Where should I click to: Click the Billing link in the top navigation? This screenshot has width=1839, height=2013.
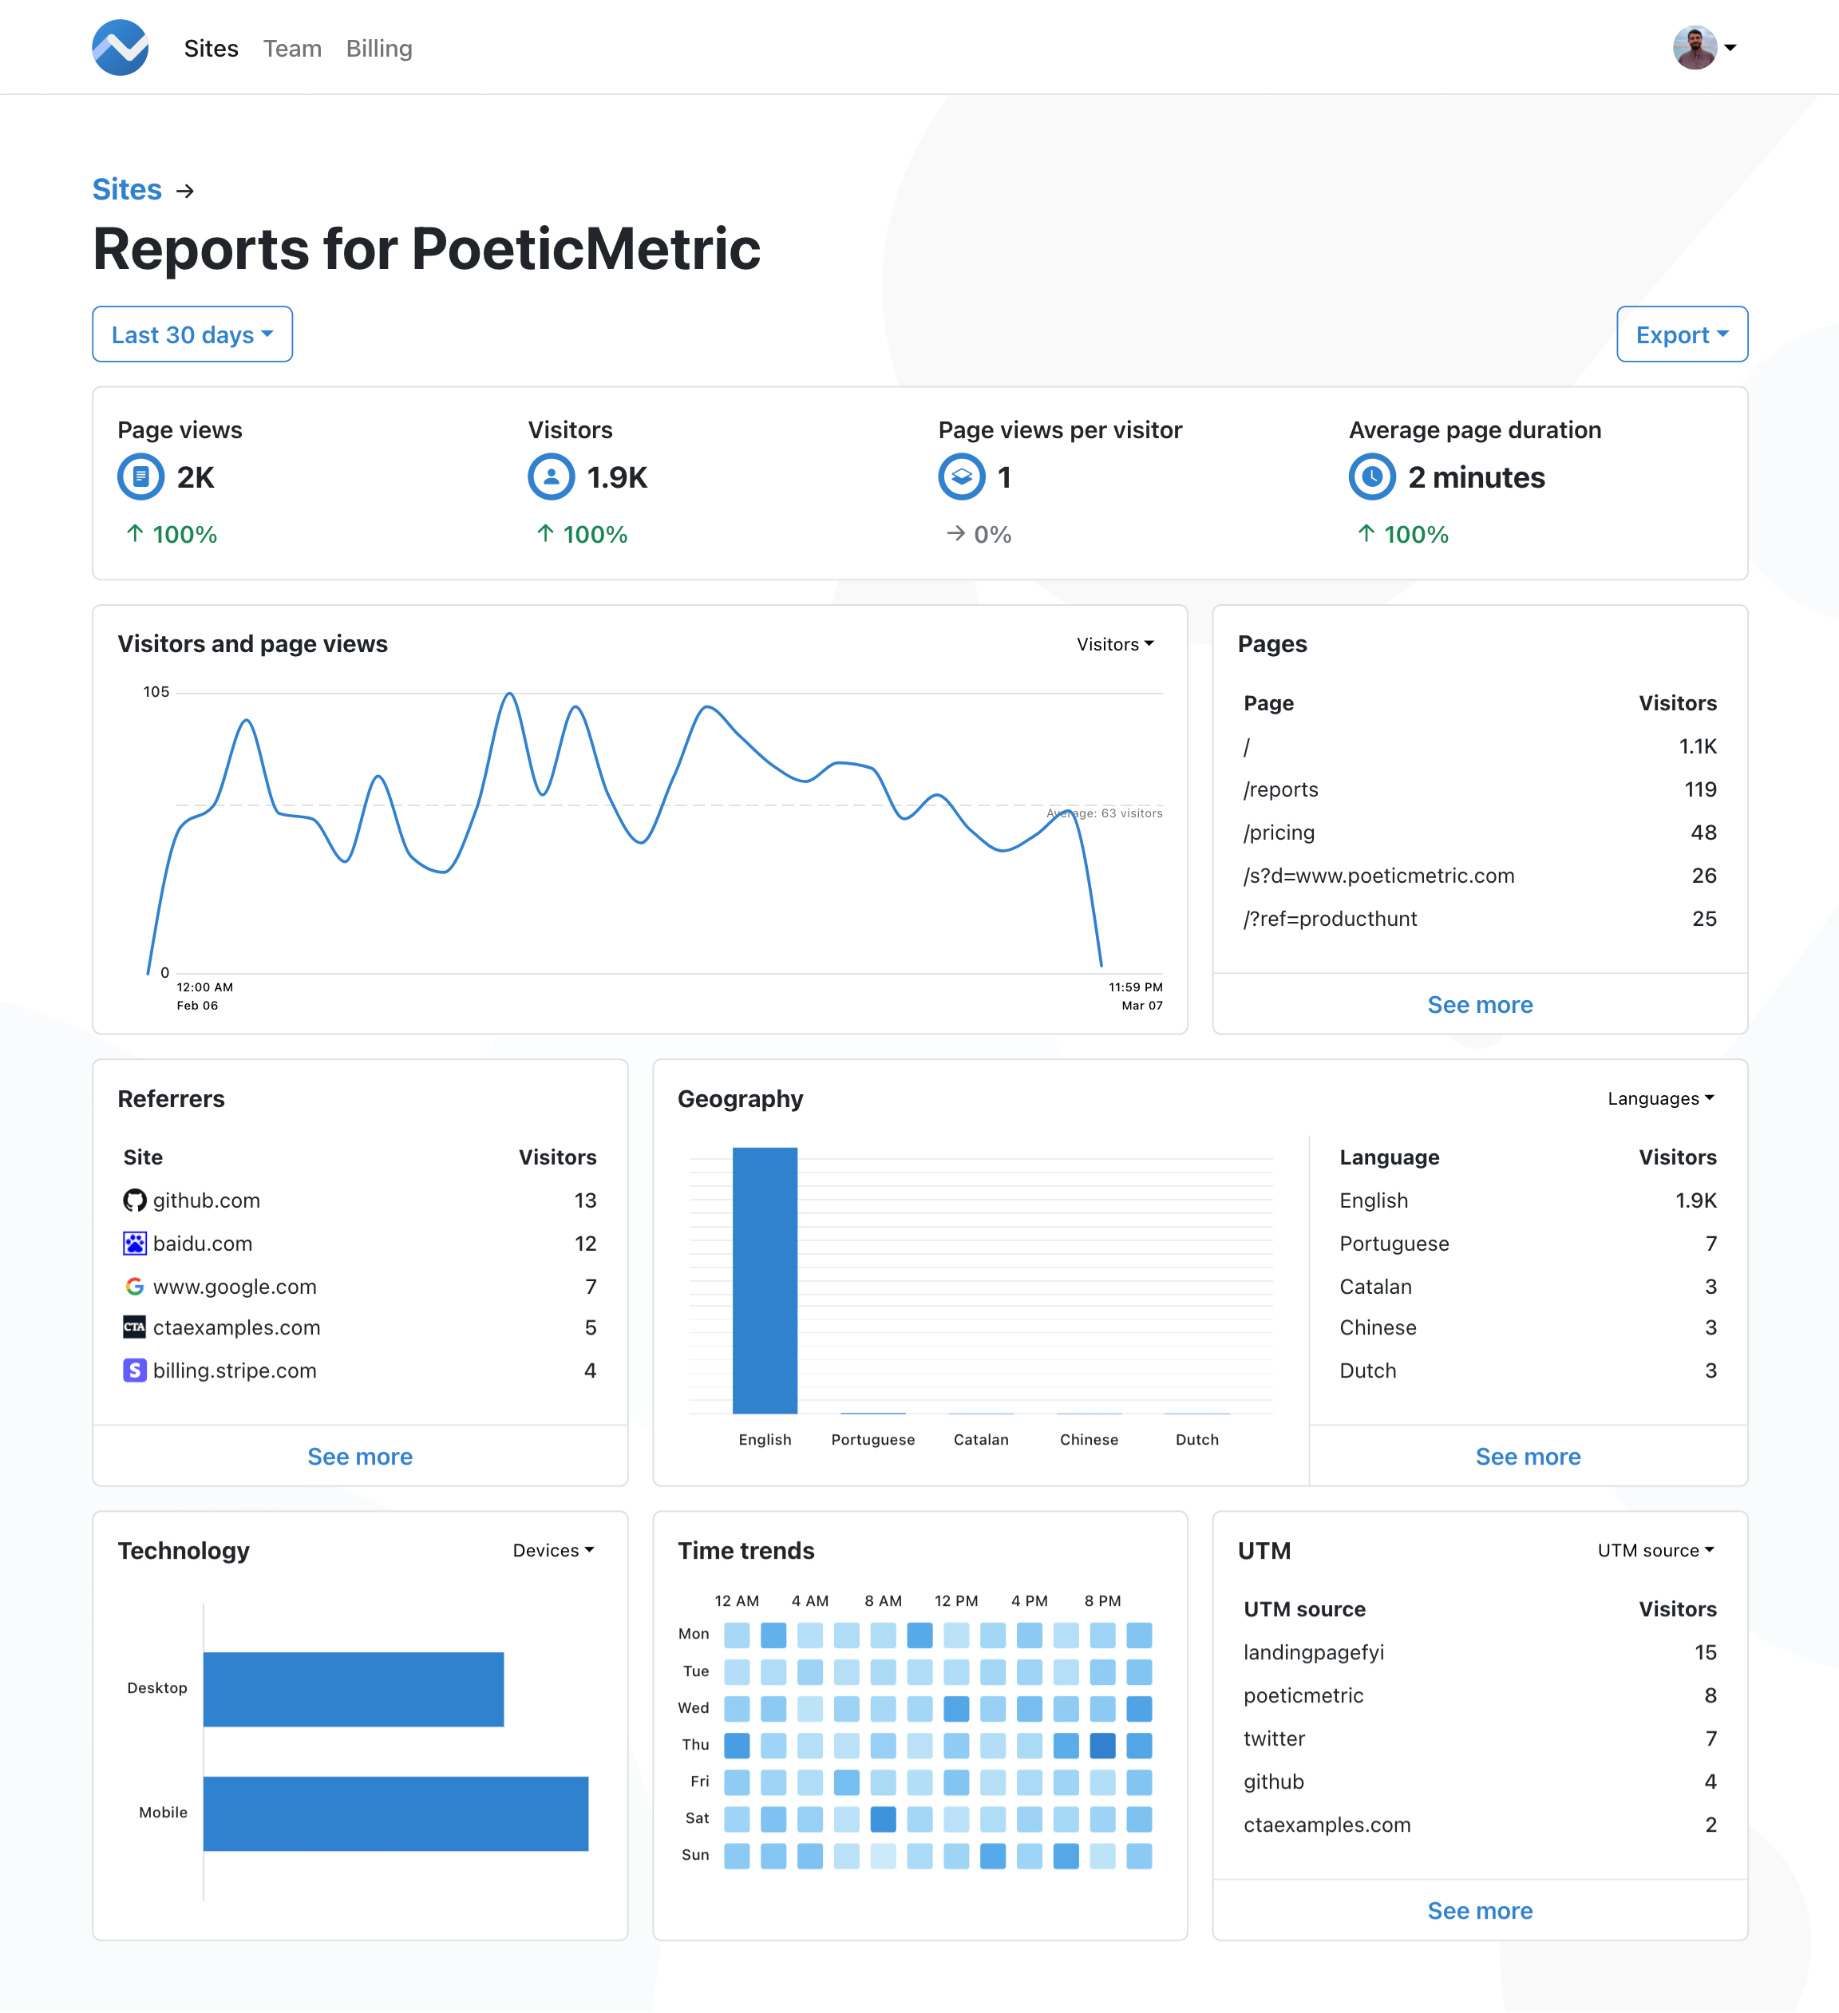(x=378, y=48)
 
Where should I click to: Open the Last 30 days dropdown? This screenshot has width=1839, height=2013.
(x=192, y=334)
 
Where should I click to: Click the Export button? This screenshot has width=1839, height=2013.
(x=1681, y=334)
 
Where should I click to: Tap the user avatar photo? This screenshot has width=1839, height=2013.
(x=1695, y=48)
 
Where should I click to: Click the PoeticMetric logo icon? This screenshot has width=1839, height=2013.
(x=121, y=48)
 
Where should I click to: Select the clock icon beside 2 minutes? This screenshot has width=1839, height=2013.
(x=1372, y=477)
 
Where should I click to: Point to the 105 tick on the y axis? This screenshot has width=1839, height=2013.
(x=156, y=692)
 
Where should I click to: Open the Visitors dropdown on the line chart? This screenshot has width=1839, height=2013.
(x=1114, y=644)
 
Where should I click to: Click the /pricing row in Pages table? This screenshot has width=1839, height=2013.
(x=1279, y=832)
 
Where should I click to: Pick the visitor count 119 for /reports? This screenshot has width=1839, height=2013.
(x=1700, y=790)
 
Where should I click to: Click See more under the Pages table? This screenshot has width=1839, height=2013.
(x=1480, y=1004)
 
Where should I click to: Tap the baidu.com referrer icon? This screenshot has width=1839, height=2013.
(x=135, y=1243)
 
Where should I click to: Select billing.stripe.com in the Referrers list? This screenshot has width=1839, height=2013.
(x=235, y=1371)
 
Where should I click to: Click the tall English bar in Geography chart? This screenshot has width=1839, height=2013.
(x=765, y=1280)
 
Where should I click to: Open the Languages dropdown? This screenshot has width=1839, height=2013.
(x=1660, y=1098)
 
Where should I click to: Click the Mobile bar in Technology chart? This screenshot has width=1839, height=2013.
(x=395, y=1813)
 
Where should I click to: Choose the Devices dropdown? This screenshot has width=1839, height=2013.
(x=553, y=1551)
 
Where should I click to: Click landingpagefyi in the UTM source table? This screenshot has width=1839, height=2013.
(x=1314, y=1652)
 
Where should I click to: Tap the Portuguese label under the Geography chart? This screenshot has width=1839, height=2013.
(x=872, y=1440)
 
